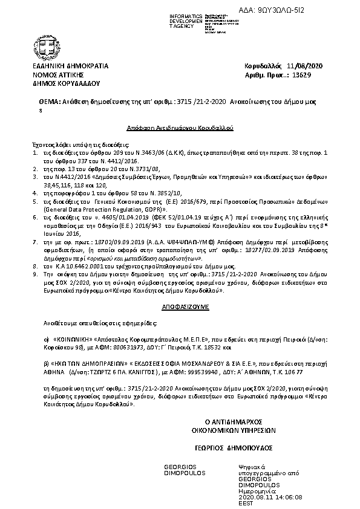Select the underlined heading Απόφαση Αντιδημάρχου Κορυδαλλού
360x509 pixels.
coord(180,129)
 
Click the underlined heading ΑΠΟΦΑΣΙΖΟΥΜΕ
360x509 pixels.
coord(179,306)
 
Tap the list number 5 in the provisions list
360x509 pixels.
coord(35,199)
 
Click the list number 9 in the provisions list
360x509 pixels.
coord(35,273)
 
